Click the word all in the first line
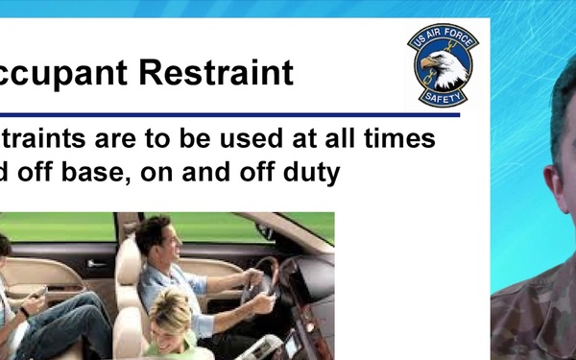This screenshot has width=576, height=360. point(322,138)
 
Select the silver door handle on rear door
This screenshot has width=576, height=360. point(97,263)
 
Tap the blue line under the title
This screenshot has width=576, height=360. point(230,114)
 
